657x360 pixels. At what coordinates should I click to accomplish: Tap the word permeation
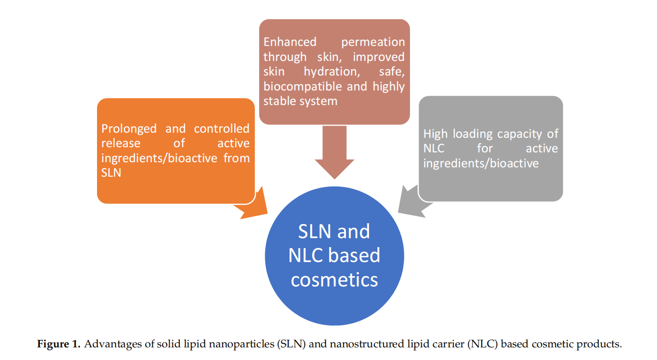click(x=373, y=42)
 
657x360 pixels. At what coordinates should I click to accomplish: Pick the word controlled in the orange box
click(x=222, y=128)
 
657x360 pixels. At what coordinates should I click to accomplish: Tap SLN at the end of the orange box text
click(x=111, y=172)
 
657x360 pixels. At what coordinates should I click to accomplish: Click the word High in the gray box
click(x=435, y=134)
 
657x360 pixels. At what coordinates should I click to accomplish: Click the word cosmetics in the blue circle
click(x=334, y=280)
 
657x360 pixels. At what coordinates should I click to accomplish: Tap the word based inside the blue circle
click(x=354, y=255)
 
